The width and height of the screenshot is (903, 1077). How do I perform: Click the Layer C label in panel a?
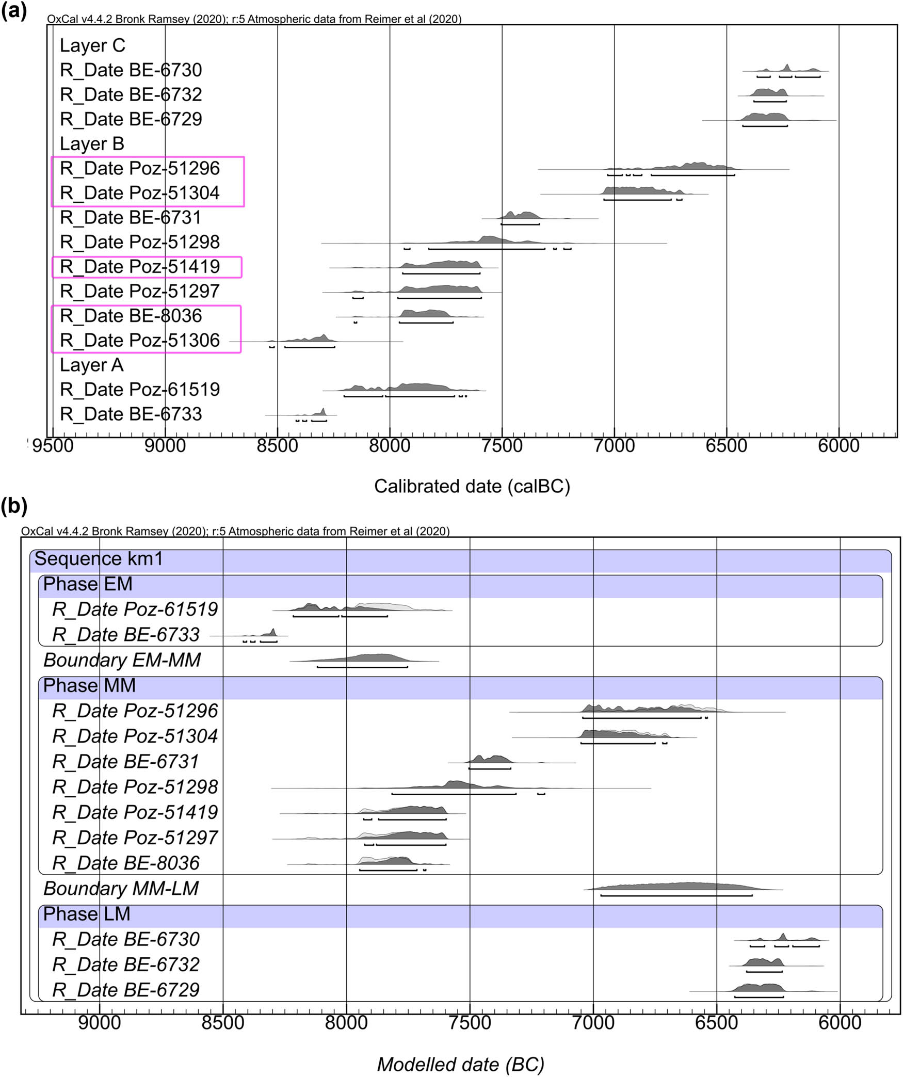[92, 45]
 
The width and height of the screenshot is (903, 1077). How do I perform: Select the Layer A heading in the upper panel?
[91, 365]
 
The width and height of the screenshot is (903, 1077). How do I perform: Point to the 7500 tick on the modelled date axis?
[470, 1022]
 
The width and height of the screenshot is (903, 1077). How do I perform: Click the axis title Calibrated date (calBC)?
[472, 486]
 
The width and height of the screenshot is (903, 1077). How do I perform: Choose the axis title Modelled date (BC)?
[460, 1064]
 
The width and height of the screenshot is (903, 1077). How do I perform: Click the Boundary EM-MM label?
[122, 660]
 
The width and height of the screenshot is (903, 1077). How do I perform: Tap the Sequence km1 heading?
[98, 559]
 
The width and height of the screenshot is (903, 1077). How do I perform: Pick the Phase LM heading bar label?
[86, 914]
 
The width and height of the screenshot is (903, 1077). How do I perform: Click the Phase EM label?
[88, 584]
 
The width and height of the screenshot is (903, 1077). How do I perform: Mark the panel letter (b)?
[14, 506]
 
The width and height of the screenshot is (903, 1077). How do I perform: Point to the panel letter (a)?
[14, 10]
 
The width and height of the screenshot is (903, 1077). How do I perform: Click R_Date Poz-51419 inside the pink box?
[140, 267]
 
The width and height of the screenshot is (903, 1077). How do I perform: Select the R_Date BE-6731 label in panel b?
[125, 762]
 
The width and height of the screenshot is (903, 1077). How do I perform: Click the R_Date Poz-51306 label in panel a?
[140, 341]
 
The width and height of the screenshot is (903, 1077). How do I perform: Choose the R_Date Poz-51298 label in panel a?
[140, 242]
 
